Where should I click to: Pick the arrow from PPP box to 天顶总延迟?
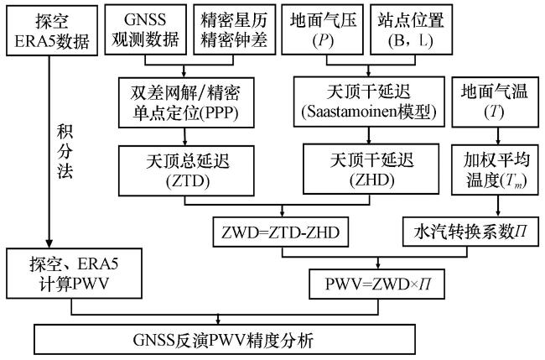click(182, 134)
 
